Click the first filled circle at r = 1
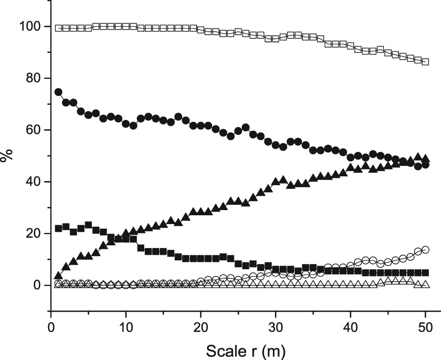(58, 92)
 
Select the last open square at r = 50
(425, 62)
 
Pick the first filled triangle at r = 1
(58, 276)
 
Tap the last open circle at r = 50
(425, 250)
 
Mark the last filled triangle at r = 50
(425, 158)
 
